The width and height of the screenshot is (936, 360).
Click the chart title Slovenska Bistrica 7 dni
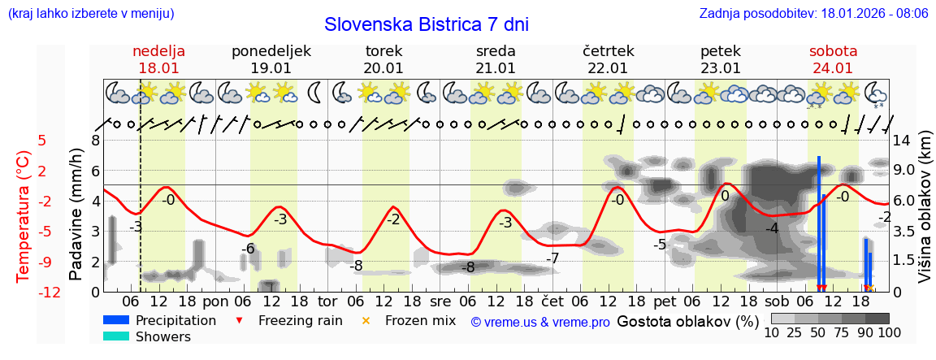tap(426, 24)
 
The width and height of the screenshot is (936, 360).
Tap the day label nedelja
tap(158, 51)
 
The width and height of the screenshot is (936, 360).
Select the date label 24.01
tap(833, 68)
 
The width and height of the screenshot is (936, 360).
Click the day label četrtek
tap(609, 51)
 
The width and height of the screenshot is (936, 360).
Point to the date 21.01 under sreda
tap(496, 68)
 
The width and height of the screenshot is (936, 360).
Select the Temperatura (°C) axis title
tap(23, 216)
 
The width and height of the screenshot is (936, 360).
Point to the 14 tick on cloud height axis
tap(903, 140)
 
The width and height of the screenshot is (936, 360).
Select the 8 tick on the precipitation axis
tap(95, 140)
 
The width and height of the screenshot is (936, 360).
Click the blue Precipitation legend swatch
tap(116, 320)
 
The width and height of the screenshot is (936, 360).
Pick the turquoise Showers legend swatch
tap(116, 336)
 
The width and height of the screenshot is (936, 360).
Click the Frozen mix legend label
tap(420, 320)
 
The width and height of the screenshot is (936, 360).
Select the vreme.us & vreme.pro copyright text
tap(540, 322)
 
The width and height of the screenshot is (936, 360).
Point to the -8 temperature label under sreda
tap(468, 267)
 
